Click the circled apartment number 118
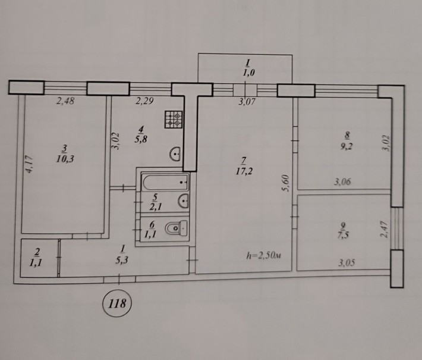click(117, 303)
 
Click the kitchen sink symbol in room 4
click(176, 155)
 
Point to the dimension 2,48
click(66, 102)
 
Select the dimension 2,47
click(384, 228)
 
